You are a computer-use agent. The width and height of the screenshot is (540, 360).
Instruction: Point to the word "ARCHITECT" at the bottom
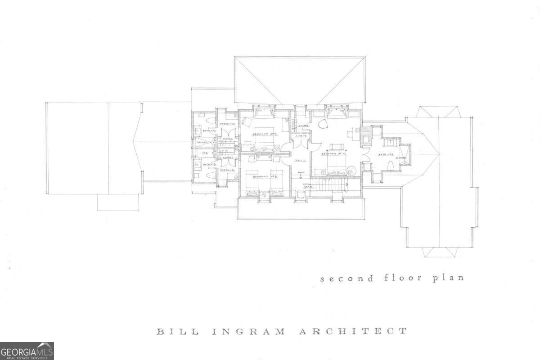[x=353, y=332]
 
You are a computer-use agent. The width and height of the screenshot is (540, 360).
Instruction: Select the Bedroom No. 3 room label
[x=263, y=177]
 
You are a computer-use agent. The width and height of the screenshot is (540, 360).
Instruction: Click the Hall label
[x=298, y=161]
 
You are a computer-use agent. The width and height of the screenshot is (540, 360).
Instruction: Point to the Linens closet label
[x=301, y=135]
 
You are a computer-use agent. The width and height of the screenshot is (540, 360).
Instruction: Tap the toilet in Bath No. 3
[x=210, y=177]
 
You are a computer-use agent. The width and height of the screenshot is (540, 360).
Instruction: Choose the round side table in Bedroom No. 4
[x=351, y=171]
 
